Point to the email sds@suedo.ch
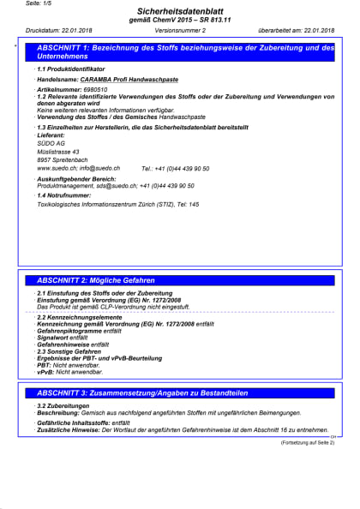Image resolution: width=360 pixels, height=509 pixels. pyautogui.click(x=113, y=185)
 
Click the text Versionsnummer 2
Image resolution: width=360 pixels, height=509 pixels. pyautogui.click(x=180, y=29)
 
